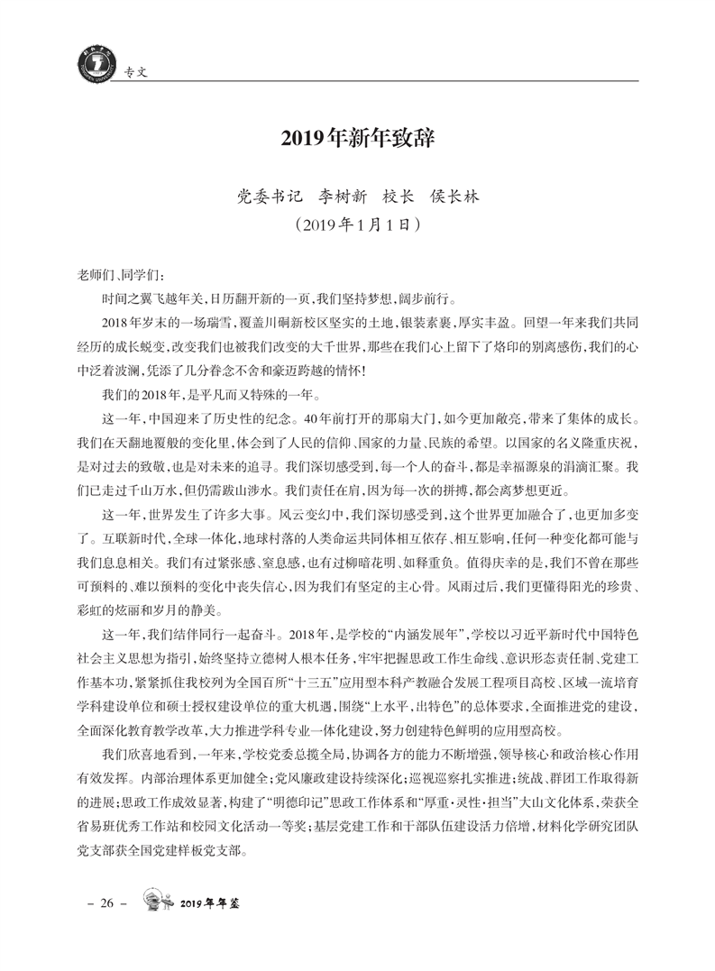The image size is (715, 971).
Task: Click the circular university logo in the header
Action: click(x=84, y=64)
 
